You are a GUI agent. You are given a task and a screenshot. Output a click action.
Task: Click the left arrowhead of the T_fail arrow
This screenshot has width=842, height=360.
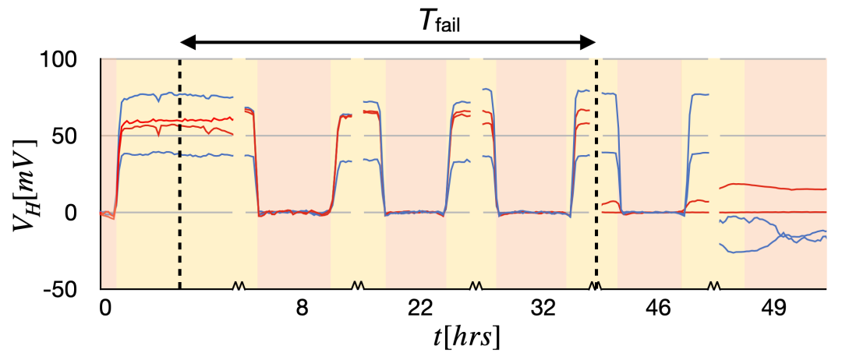click(186, 43)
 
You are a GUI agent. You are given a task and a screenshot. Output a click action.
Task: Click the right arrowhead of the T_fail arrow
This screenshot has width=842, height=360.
click(589, 43)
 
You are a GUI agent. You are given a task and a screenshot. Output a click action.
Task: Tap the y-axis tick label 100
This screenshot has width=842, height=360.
click(76, 60)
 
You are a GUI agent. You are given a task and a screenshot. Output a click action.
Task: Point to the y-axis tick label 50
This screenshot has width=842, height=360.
click(81, 136)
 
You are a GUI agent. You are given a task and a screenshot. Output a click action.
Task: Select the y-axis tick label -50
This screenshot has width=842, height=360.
click(77, 289)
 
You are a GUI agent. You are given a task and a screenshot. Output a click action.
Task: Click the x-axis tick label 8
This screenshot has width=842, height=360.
click(302, 308)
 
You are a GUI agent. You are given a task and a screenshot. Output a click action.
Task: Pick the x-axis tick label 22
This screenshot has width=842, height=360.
click(420, 308)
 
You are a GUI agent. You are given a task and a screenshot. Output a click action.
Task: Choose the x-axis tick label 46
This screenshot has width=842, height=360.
click(659, 308)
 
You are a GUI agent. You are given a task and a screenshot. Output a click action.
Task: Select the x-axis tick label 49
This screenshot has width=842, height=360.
click(771, 308)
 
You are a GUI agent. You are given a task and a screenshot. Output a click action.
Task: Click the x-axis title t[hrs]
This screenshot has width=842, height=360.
click(467, 337)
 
